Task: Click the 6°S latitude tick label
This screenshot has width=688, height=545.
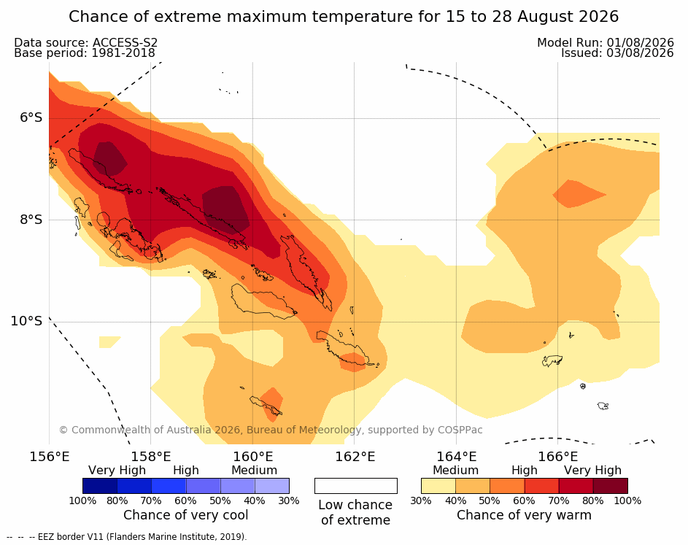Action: point(31,117)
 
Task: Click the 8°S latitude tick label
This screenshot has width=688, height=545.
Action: point(31,220)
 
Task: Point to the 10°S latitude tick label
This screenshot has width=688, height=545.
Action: point(27,321)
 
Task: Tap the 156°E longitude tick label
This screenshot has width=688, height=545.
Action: point(50,457)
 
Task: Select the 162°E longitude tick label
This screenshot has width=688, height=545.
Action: point(355,457)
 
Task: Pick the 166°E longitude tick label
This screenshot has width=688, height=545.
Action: point(557,457)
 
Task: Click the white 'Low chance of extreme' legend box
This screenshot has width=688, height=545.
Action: point(356,486)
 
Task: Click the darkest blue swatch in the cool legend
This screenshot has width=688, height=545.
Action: point(100,486)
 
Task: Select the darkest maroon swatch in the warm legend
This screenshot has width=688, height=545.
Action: point(611,486)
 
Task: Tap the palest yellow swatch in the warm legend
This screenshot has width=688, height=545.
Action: point(438,486)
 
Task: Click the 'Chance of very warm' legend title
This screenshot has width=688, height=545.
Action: point(524,515)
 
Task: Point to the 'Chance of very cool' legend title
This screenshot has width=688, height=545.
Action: point(185,515)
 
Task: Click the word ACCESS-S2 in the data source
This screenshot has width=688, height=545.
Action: point(125,42)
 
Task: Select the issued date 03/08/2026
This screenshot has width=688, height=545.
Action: point(640,53)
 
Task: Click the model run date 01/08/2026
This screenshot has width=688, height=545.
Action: point(640,42)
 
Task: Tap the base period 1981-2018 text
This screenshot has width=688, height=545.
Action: point(123,53)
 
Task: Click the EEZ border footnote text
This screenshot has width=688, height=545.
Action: point(142,537)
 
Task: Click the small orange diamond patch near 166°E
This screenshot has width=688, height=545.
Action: point(579,193)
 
